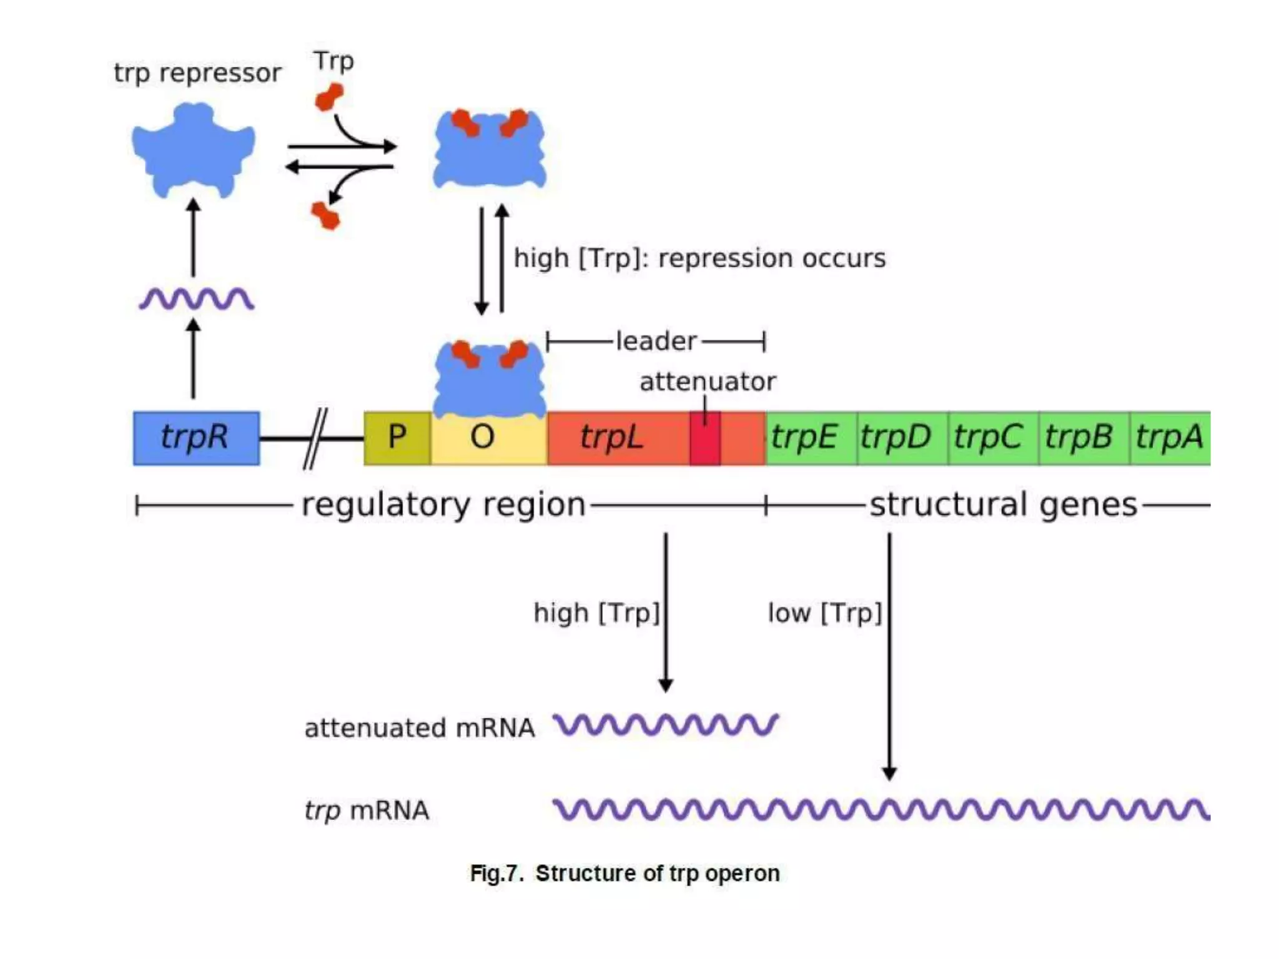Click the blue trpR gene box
(196, 438)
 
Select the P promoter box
(397, 438)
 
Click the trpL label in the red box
(611, 437)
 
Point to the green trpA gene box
(1169, 438)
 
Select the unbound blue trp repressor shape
(194, 150)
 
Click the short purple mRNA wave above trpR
(196, 299)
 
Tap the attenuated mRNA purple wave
(666, 725)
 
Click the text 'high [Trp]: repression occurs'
(699, 258)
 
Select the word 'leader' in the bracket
(656, 342)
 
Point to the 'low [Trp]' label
(824, 613)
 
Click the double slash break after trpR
(315, 438)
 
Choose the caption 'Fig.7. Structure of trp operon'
(625, 873)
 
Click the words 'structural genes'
(1003, 504)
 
